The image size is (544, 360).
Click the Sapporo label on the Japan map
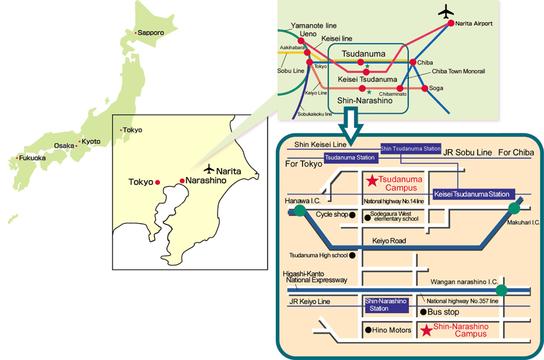click(x=151, y=32)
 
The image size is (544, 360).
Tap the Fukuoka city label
click(x=33, y=157)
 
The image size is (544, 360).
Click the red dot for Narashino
click(x=182, y=181)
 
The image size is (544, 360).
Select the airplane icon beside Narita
click(x=209, y=169)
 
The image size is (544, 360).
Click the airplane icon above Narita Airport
click(x=446, y=12)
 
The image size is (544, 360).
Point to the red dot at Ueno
click(x=301, y=41)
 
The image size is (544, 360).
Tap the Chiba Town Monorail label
click(x=458, y=71)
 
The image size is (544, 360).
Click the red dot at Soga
click(x=425, y=89)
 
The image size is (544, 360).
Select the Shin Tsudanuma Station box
click(x=411, y=149)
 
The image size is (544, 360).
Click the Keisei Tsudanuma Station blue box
click(x=474, y=194)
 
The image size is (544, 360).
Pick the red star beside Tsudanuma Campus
click(x=372, y=181)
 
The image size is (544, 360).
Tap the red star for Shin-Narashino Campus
click(x=426, y=330)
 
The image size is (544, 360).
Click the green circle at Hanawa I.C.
click(x=300, y=210)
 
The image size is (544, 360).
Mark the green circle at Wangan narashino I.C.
click(x=501, y=290)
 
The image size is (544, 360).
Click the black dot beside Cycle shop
click(x=352, y=215)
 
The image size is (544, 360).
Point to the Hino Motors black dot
click(x=368, y=330)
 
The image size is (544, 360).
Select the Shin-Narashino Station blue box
click(x=387, y=305)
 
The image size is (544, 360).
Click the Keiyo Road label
click(x=389, y=241)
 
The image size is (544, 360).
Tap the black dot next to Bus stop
click(x=423, y=312)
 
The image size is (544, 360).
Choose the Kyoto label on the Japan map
click(x=91, y=141)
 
